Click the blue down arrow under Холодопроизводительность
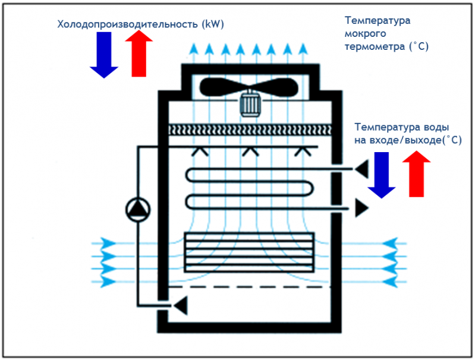click(104, 55)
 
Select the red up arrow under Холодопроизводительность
click(140, 54)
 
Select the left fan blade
click(223, 87)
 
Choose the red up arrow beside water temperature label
click(417, 173)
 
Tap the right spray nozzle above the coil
click(302, 152)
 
